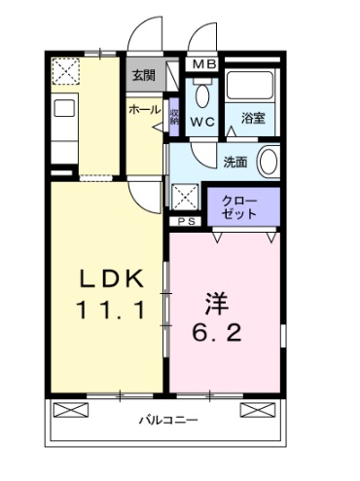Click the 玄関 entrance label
coord(143,75)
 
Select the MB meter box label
coord(203,65)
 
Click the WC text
coord(202,123)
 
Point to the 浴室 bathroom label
coord(253,123)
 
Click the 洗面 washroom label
coord(235,162)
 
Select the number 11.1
coord(111,313)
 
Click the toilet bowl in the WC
coord(201,94)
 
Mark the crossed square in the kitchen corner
coord(67,71)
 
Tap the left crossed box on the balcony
coord(68,406)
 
